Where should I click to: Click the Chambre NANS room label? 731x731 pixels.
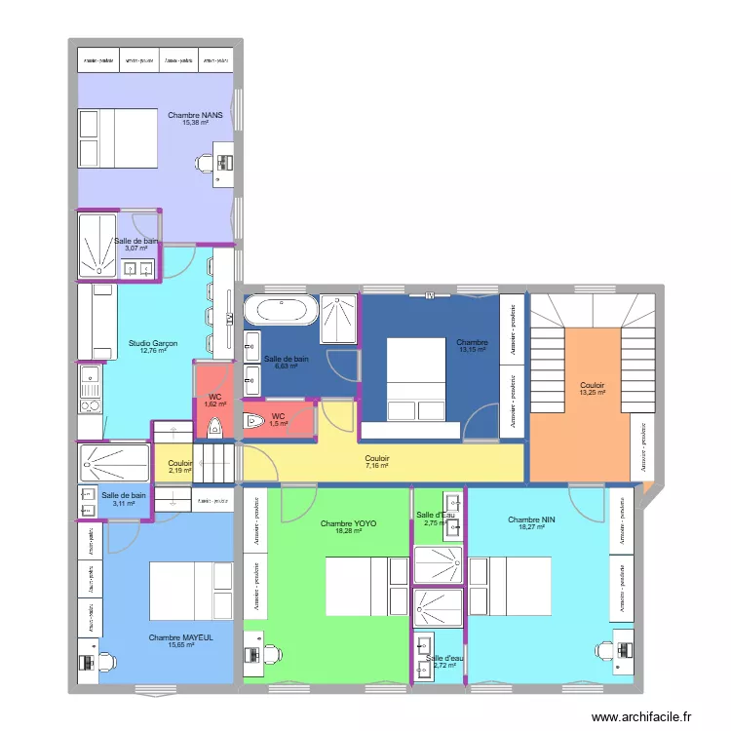[x=195, y=114]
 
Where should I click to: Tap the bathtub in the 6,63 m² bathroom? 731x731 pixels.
[x=279, y=310]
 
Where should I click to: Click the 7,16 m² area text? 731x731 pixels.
[x=376, y=466]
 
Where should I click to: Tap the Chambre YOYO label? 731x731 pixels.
[x=348, y=523]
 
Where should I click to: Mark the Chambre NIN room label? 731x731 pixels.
[x=531, y=519]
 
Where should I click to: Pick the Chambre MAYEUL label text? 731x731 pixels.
[x=180, y=637]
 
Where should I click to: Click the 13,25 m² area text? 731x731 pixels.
[x=592, y=393]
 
